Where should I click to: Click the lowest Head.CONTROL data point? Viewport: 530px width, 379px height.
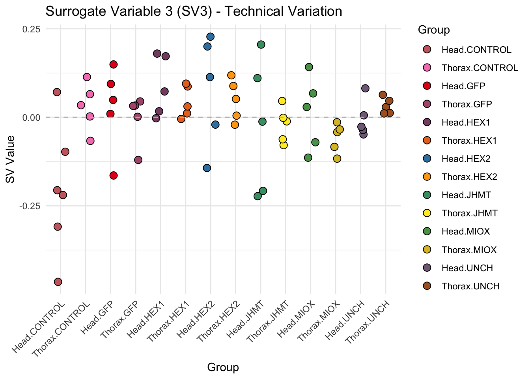point(58,281)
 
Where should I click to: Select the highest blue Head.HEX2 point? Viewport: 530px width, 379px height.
point(210,37)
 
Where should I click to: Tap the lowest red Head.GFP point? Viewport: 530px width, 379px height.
point(114,175)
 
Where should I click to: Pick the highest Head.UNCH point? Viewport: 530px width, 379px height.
point(365,88)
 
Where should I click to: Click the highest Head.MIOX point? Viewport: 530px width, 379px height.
point(309,67)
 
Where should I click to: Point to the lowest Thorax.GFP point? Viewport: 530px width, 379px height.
point(138,160)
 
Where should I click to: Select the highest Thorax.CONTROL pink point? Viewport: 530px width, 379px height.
point(87,77)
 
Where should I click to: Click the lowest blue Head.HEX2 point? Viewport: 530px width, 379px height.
point(207,168)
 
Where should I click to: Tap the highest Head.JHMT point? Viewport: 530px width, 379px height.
point(261,45)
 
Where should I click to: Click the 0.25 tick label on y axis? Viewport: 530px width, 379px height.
point(32,29)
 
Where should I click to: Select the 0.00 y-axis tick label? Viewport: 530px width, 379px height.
point(32,118)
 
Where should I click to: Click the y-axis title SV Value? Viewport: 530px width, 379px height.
point(11,159)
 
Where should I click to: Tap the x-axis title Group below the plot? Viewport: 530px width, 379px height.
point(223,368)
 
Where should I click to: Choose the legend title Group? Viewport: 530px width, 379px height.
point(434,30)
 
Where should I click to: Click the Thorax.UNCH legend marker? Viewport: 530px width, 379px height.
point(427,286)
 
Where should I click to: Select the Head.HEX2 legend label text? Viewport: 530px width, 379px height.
point(466,159)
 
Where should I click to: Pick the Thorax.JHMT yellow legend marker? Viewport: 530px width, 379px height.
point(427,213)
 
